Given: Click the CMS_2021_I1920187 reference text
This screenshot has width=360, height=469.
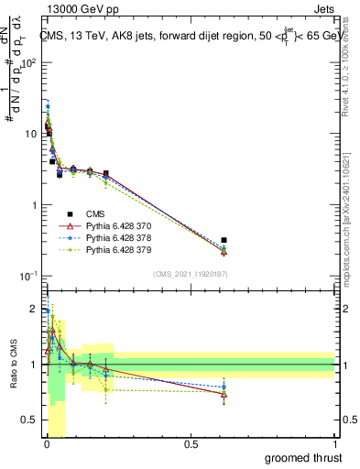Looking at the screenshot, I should coord(190,274).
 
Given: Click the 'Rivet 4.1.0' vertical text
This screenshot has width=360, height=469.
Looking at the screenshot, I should coord(345,69).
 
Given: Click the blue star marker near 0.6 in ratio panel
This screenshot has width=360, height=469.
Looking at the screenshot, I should coord(224,387).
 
